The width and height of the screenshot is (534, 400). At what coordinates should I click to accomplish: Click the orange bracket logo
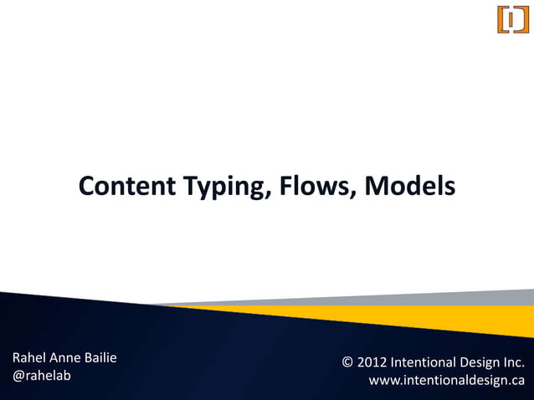[x=513, y=19]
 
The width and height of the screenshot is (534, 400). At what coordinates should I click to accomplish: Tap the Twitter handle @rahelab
[x=41, y=376]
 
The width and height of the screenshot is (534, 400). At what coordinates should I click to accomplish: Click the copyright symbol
[x=348, y=363]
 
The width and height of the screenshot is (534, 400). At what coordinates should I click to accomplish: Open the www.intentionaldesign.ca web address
[x=446, y=381]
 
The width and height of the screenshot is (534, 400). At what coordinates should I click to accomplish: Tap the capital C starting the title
[x=86, y=187]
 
